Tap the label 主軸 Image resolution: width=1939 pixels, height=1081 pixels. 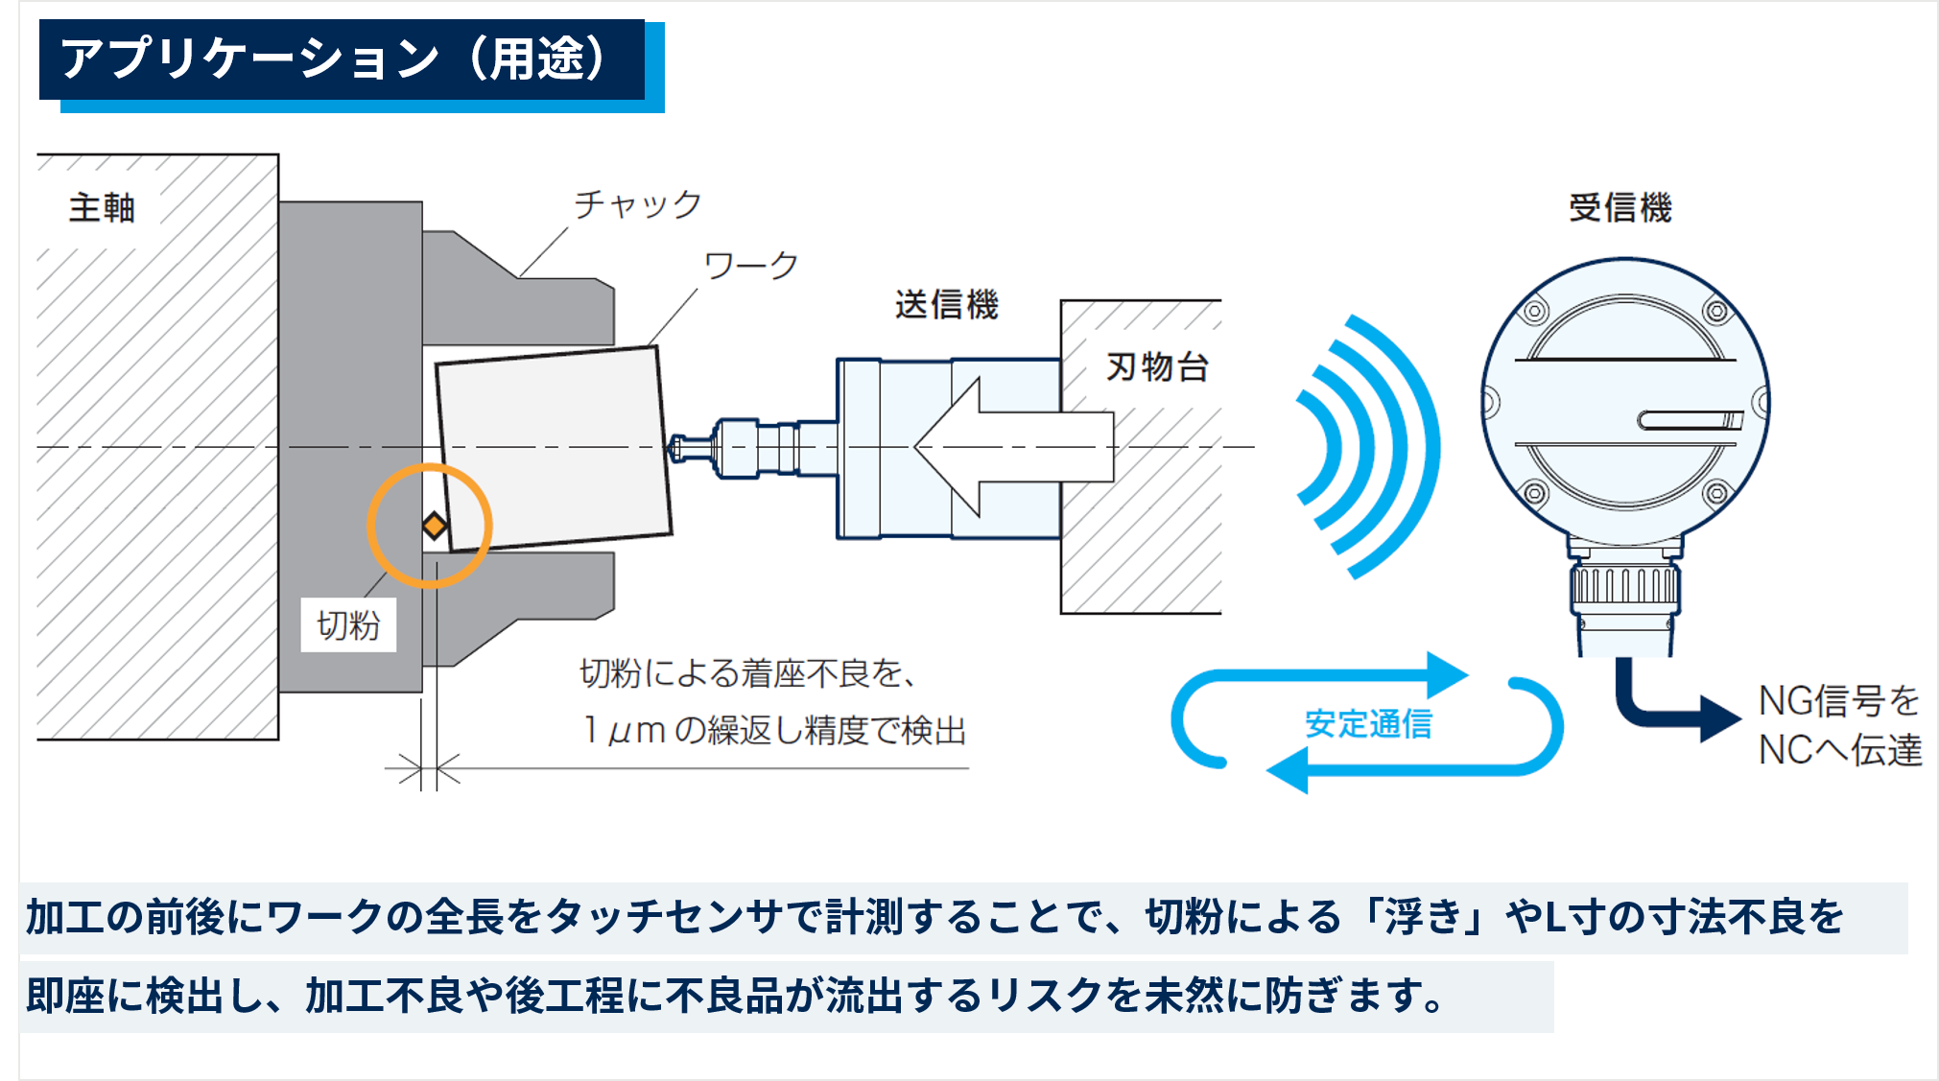pos(102,207)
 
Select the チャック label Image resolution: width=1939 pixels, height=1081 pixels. pos(638,203)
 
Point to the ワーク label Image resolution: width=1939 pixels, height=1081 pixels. pos(751,265)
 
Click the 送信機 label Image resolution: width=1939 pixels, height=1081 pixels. pos(946,304)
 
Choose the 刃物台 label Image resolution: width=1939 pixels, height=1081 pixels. pos(1157,366)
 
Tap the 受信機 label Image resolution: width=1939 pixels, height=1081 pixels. pos(1620,207)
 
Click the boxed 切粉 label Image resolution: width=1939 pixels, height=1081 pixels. pos(348,624)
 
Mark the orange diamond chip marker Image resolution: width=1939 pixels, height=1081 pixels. pos(435,526)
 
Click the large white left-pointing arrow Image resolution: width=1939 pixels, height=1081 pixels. pos(1013,447)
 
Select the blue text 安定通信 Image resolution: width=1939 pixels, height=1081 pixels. pos(1368,723)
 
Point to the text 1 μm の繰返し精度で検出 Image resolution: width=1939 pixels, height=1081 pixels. pos(774,731)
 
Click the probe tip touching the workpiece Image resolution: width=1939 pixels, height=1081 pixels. pos(676,448)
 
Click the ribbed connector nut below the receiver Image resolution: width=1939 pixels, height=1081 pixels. pos(1625,587)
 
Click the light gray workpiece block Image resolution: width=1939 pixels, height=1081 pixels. pos(554,449)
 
